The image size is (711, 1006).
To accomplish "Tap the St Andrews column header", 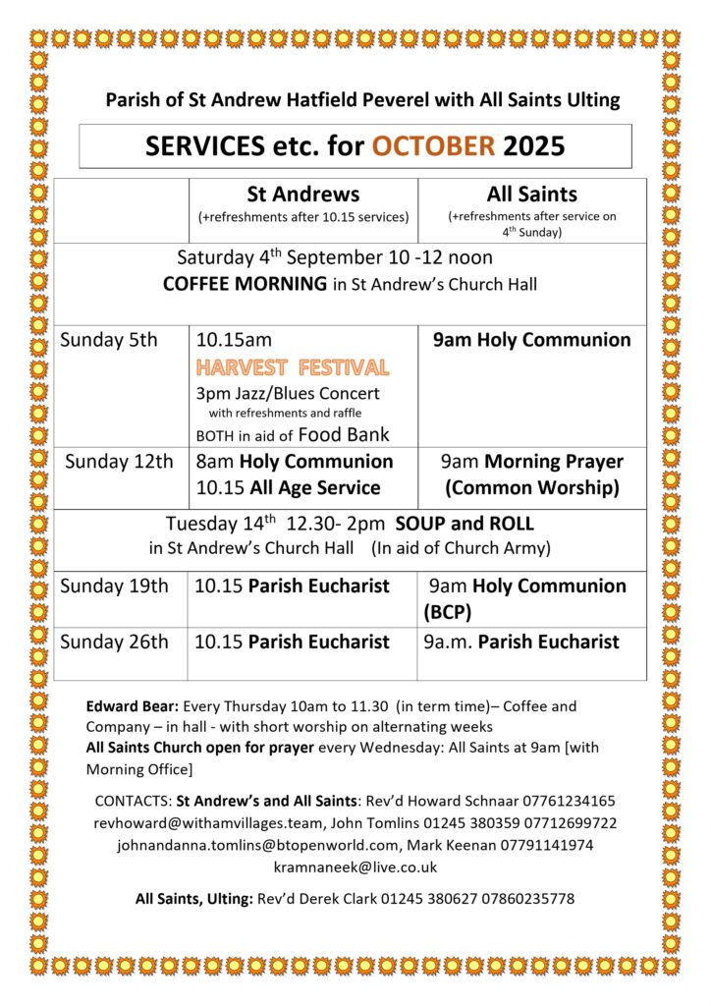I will coord(302,195).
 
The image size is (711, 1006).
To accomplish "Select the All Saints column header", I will coord(531,195).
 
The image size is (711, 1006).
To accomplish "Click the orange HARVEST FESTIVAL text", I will coord(293,367).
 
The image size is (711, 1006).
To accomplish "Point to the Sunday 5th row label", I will coord(109,341).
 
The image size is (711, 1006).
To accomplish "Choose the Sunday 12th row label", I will coord(119,462).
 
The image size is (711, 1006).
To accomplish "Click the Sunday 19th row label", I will coord(114,587).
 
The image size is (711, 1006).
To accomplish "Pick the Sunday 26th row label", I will coord(114,643).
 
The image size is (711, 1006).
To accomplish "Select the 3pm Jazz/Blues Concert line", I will coord(288,393).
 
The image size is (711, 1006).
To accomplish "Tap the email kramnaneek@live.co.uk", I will coord(355,866).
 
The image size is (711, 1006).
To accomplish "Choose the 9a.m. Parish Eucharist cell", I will coord(521,643).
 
